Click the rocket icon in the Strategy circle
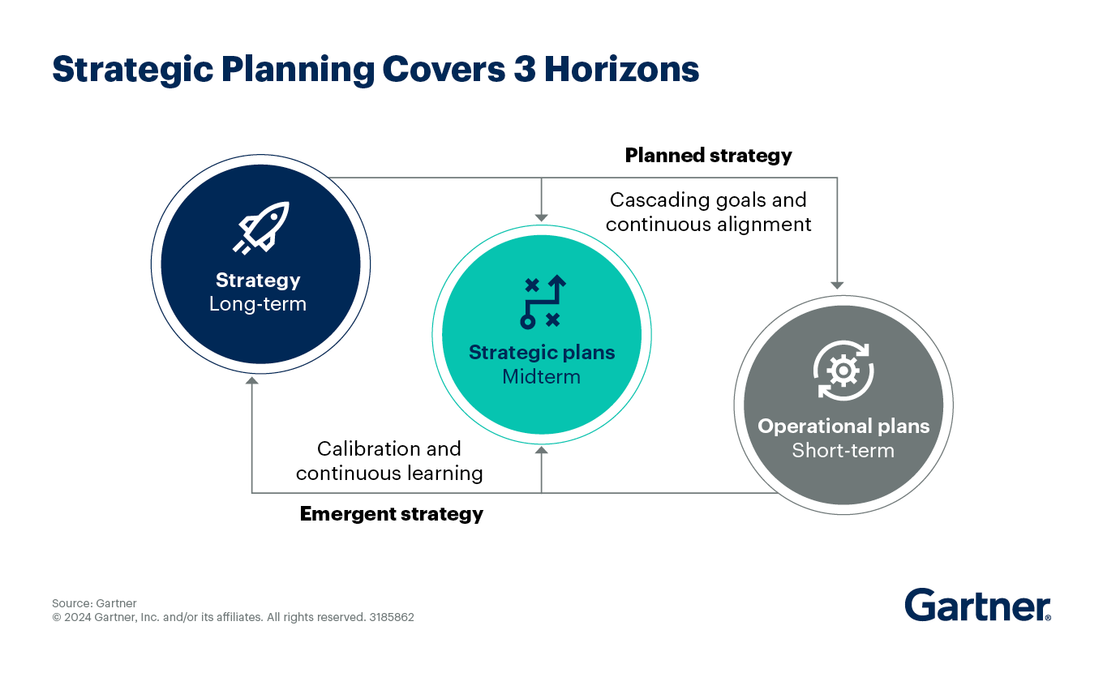(261, 228)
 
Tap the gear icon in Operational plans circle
(843, 371)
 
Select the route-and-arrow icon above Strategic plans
(543, 302)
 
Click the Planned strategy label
(709, 156)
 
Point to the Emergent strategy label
(392, 514)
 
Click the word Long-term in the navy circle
(258, 304)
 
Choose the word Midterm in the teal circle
(541, 376)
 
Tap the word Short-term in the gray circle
(843, 451)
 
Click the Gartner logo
(977, 605)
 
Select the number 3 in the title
(525, 69)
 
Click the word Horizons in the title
(621, 69)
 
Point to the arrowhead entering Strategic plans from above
(541, 218)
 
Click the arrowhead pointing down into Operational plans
(837, 285)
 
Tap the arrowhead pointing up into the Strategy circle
(251, 380)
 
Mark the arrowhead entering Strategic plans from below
(541, 450)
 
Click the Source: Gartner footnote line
(94, 603)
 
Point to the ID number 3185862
(392, 617)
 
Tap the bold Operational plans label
(843, 427)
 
